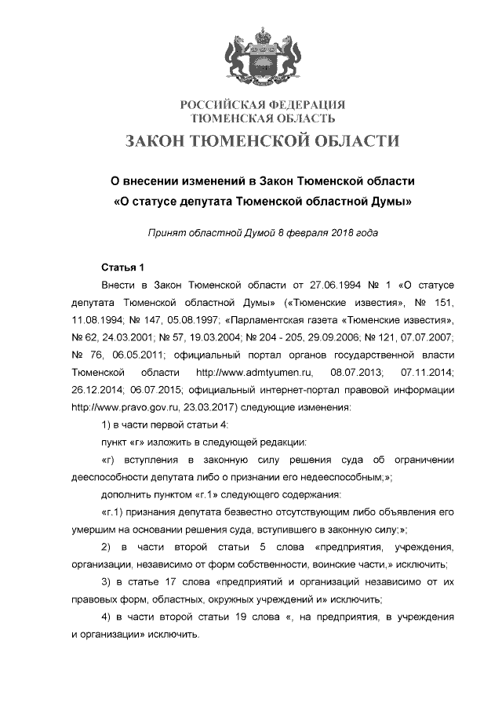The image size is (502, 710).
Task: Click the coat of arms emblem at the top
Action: click(263, 59)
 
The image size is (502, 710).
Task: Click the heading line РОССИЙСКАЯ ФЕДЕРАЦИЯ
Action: click(263, 105)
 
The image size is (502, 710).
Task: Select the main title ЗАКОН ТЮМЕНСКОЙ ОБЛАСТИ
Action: click(263, 141)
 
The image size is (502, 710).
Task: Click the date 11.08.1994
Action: click(96, 320)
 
